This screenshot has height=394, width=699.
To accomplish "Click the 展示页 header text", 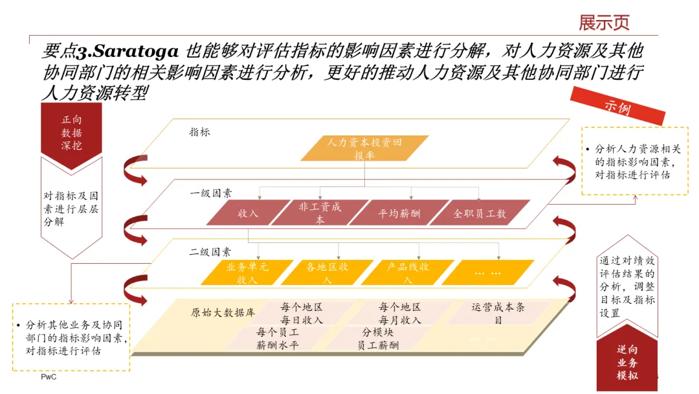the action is tap(604, 23).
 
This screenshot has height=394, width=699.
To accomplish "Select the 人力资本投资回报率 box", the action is tap(365, 148).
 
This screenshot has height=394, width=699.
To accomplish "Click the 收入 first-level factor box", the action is tap(248, 213).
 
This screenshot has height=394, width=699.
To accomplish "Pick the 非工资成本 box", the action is tap(320, 213).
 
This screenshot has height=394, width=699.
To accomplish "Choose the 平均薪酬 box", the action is tap(399, 213).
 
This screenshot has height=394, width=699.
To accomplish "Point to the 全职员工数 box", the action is tap(480, 213).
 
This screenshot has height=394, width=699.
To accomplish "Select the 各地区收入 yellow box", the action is tap(327, 273).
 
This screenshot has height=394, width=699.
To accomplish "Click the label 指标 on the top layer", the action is tap(199, 132).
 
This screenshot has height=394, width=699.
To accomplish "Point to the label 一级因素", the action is tap(211, 192).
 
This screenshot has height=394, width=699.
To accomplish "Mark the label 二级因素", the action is tap(210, 252).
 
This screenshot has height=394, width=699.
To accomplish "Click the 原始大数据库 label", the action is tap(223, 312).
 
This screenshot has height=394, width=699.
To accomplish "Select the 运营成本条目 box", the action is tap(498, 313).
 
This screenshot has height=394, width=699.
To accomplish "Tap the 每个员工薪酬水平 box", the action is tap(277, 338).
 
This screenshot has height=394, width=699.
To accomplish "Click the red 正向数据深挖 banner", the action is tap(72, 133).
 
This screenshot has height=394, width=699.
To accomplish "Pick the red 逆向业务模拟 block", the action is tap(627, 363).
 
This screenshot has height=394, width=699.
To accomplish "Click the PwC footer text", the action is tap(49, 377).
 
